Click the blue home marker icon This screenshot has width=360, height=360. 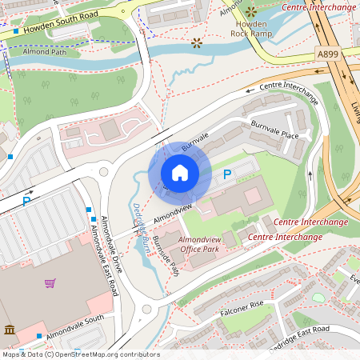179,173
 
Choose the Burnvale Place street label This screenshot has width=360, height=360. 274,130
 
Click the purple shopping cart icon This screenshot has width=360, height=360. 50,282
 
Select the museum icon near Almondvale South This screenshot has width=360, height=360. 9,330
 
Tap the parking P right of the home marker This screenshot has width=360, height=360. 227,174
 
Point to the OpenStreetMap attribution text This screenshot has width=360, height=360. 80,354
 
